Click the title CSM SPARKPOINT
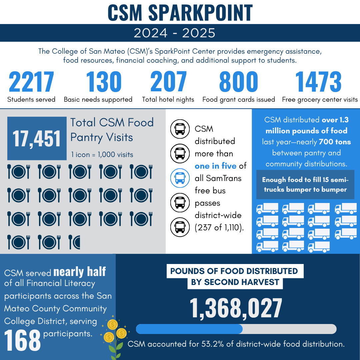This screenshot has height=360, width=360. click(x=180, y=13)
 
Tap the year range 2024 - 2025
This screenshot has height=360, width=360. click(x=174, y=33)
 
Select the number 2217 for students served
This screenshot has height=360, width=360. click(x=31, y=82)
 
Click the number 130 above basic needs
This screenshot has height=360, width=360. click(x=104, y=82)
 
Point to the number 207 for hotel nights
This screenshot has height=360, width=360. click(x=168, y=82)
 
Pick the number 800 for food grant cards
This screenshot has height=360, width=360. click(x=239, y=82)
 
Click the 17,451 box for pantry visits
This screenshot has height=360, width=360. click(x=37, y=138)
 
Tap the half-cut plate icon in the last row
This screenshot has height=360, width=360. click(x=74, y=242)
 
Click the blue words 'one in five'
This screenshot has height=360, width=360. click(x=216, y=166)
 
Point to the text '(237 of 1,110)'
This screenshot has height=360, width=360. click(x=219, y=228)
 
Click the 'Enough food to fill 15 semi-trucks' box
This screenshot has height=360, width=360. click(x=305, y=185)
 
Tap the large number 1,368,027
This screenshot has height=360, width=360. click(x=236, y=308)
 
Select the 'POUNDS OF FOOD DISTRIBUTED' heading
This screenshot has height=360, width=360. click(x=234, y=271)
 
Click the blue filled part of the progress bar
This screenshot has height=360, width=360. click(x=189, y=329)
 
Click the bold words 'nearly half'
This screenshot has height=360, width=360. click(x=79, y=272)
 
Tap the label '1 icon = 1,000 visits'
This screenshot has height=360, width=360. click(x=102, y=155)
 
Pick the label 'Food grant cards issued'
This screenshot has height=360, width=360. click(x=239, y=100)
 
